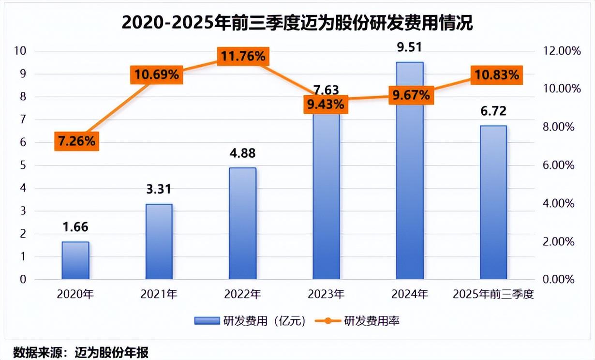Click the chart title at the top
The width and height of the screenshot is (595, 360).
pos(297,23)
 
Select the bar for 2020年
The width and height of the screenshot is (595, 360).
pos(75,260)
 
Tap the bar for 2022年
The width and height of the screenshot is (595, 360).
pos(242,223)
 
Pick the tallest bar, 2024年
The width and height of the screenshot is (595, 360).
pos(410,170)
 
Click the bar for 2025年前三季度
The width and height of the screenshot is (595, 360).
pos(493,202)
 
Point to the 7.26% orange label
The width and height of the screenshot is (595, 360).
pos(76,141)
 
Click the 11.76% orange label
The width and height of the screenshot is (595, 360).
pos(243,57)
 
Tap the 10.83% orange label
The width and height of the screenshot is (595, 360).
pos(497,75)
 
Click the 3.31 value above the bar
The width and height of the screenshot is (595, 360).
pos(159,190)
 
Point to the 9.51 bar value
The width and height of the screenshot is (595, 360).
pos(409,47)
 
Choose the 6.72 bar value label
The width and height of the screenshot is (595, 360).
pos(493,111)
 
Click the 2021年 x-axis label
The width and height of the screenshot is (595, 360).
pos(159,294)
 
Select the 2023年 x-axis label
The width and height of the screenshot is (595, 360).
pos(326,294)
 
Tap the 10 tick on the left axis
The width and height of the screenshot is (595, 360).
pos(22,51)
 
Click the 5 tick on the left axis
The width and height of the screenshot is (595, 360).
pos(23,165)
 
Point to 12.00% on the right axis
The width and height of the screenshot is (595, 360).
pos(560,51)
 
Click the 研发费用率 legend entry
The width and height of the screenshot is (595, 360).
pos(358,320)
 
